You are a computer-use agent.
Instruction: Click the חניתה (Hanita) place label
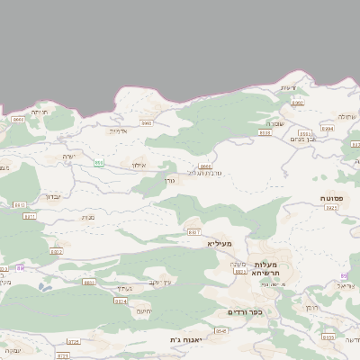(x=39, y=112)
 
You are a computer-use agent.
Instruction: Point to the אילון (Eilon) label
(x=138, y=165)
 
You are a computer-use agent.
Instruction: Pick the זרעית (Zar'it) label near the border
(x=288, y=87)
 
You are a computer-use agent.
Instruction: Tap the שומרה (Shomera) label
(x=275, y=123)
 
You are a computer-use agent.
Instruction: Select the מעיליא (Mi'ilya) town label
(x=219, y=244)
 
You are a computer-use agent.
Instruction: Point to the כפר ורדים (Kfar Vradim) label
(x=244, y=311)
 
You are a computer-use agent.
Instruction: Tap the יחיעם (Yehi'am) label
(x=143, y=311)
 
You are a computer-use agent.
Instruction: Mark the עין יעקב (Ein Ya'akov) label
(x=158, y=282)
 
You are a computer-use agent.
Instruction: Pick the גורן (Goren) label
(x=169, y=180)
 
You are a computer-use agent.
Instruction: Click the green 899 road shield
(x=99, y=163)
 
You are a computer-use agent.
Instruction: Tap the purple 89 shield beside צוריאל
(x=345, y=275)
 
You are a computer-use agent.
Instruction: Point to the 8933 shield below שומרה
(x=265, y=132)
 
